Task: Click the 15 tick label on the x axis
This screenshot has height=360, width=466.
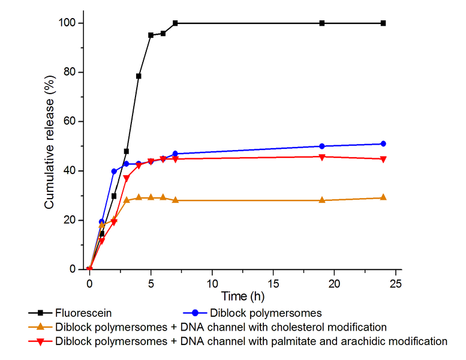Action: [x=273, y=282]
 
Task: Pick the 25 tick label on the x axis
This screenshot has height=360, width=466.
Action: [x=395, y=282]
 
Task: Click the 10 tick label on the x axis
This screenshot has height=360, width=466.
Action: [x=212, y=282]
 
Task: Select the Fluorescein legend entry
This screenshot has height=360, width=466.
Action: [x=83, y=313]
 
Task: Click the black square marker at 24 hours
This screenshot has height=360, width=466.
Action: [x=383, y=23]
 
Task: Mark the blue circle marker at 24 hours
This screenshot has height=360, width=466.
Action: [x=383, y=144]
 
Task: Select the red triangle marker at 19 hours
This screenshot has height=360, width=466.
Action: [x=322, y=157]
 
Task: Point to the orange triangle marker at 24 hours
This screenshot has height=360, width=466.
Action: [x=383, y=197]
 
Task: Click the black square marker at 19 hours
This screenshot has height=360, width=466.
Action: [x=322, y=23]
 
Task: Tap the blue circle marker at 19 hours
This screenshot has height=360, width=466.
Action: [x=322, y=146]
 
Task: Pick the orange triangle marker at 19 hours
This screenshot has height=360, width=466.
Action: [x=322, y=200]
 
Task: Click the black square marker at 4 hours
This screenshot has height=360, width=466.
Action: [x=139, y=76]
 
